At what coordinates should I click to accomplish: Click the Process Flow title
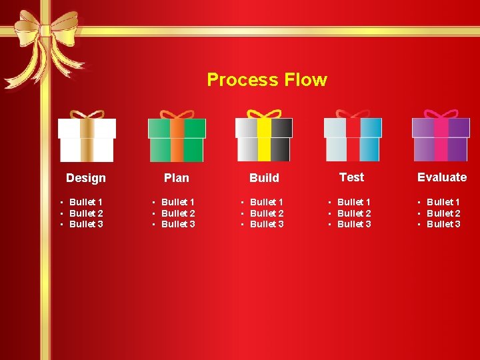click(267, 80)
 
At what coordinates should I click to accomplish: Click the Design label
click(86, 178)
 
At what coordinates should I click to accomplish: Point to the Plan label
click(177, 178)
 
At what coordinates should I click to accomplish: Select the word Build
click(264, 178)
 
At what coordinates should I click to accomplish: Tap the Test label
click(351, 177)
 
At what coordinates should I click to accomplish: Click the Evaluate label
click(442, 177)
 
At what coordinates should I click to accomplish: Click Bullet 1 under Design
click(86, 202)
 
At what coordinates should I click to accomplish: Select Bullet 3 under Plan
click(178, 224)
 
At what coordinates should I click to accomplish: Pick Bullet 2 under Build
click(267, 213)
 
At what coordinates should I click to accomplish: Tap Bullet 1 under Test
click(354, 202)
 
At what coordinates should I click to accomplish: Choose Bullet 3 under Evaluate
click(443, 224)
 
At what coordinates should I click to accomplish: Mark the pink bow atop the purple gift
click(441, 115)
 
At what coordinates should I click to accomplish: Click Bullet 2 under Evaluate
click(443, 213)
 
